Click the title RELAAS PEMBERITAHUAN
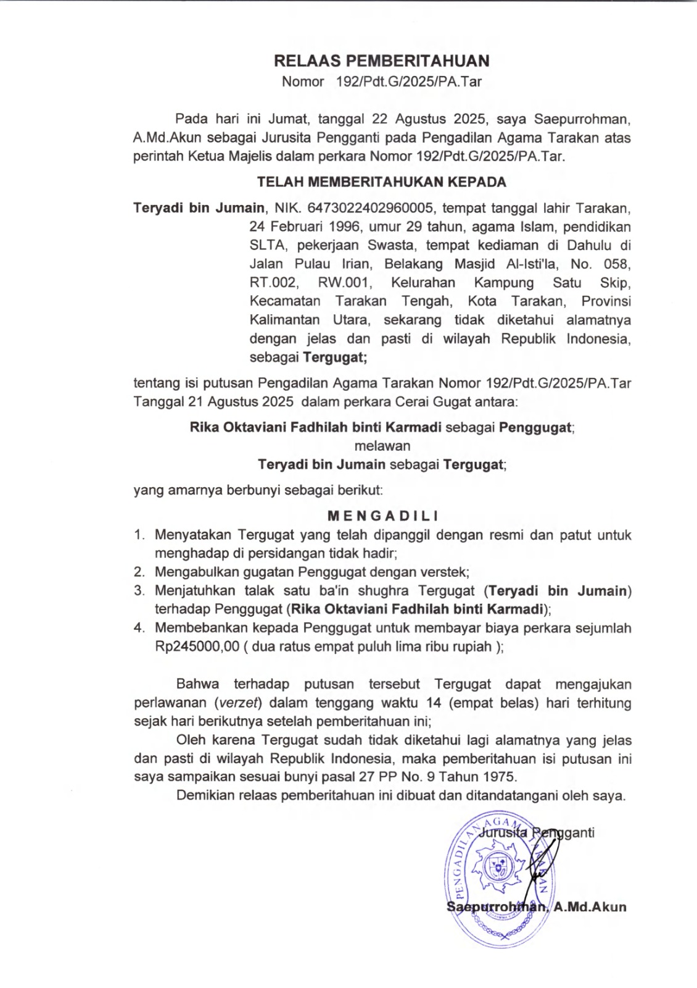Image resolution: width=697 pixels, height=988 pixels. click(381, 61)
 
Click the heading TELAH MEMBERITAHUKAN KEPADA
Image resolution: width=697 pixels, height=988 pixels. click(381, 182)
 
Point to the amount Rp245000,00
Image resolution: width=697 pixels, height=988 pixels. click(197, 647)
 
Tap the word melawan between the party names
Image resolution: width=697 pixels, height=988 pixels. click(382, 445)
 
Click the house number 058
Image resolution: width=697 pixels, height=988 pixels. click(616, 264)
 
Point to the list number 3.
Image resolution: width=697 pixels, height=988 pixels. click(139, 591)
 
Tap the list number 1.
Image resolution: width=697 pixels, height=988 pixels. click(139, 535)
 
